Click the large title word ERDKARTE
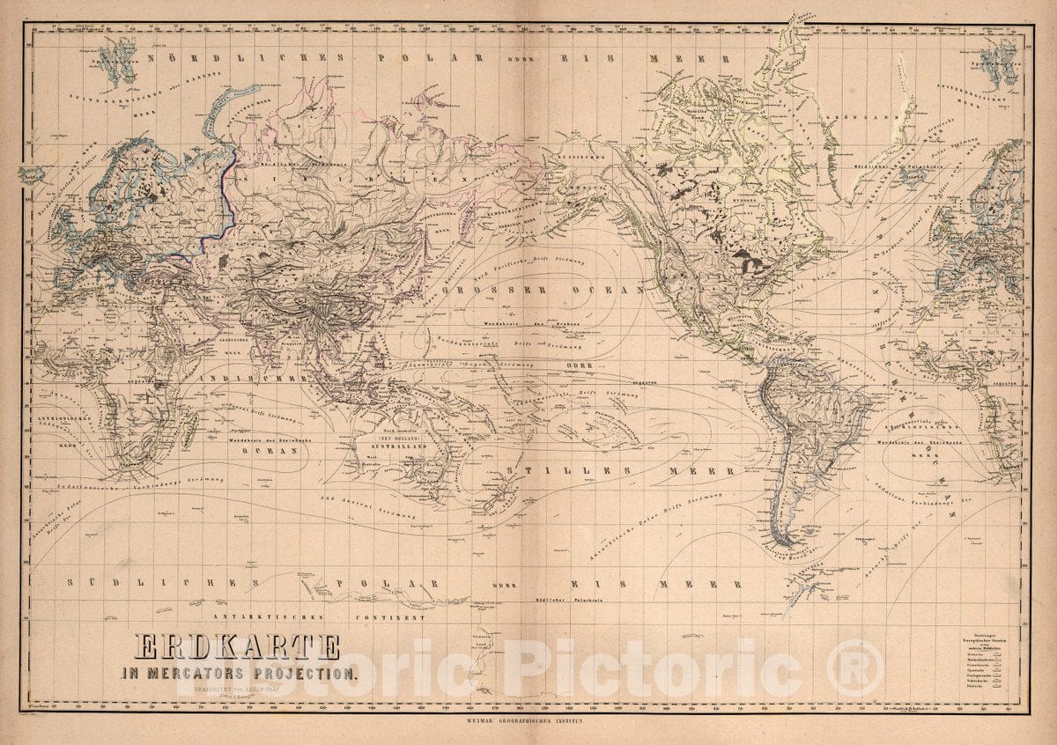pyautogui.click(x=236, y=647)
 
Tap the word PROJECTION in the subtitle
pyautogui.click(x=305, y=674)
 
